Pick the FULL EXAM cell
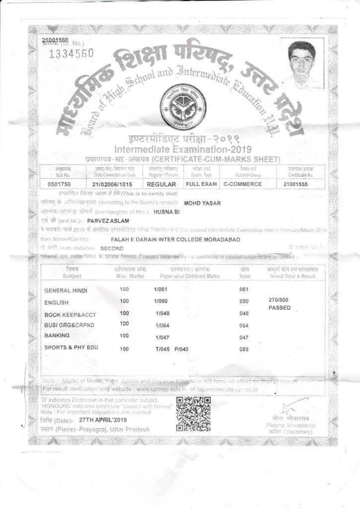coord(201,184)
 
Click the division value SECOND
coord(112,248)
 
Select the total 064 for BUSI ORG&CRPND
coord(244,326)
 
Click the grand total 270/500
coord(278,300)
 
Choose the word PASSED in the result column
coord(279,308)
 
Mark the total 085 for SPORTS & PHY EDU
coord(244,349)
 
